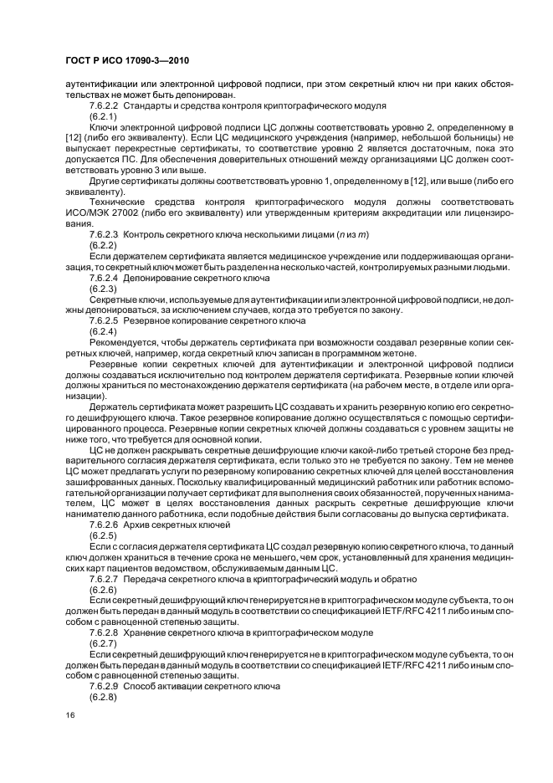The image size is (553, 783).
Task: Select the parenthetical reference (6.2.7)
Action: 103,645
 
